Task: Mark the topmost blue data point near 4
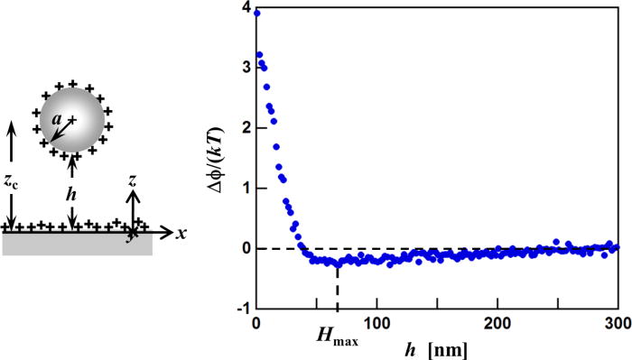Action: point(256,13)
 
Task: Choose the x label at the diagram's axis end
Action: point(181,233)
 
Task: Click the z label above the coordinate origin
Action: point(133,183)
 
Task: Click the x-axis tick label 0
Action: point(256,323)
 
